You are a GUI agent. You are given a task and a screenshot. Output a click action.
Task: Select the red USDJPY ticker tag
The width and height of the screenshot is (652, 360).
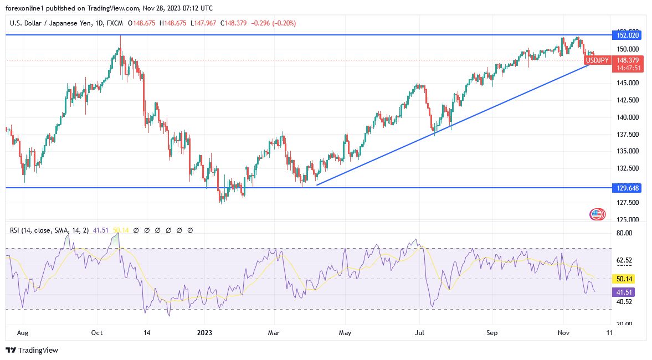pyautogui.click(x=597, y=60)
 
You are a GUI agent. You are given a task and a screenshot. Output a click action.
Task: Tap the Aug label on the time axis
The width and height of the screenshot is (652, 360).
pyautogui.click(x=23, y=333)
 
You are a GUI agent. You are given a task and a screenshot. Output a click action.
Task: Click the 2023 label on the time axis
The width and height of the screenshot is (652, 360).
pyautogui.click(x=205, y=333)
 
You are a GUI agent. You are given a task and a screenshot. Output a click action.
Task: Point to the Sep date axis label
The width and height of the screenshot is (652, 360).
pyautogui.click(x=492, y=333)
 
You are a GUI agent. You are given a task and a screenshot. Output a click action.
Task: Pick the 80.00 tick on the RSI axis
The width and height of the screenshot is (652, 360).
pyautogui.click(x=625, y=233)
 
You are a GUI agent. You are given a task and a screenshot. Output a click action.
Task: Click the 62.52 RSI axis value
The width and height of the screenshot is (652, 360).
pyautogui.click(x=625, y=260)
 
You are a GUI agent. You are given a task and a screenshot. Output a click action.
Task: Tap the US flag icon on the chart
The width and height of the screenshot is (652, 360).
pyautogui.click(x=597, y=214)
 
